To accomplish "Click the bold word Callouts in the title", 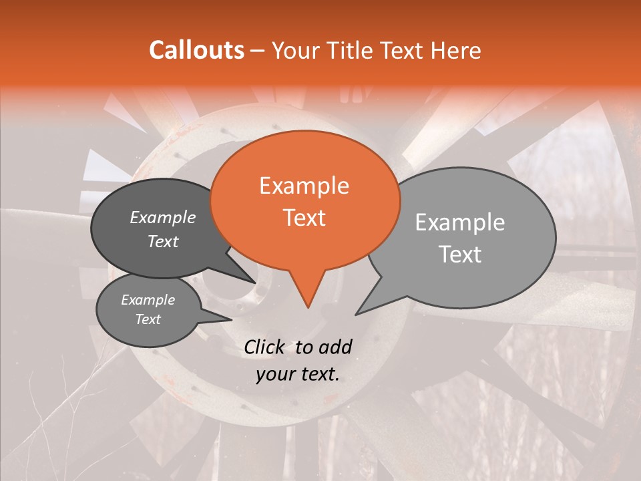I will click(196, 50).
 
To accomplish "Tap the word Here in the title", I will click(457, 50).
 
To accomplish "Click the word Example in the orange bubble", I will click(304, 186).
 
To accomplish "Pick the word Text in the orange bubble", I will click(304, 217).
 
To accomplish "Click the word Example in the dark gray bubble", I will click(163, 217).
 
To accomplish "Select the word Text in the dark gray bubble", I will click(163, 241).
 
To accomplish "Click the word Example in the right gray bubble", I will click(460, 222).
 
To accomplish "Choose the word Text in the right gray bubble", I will click(460, 254).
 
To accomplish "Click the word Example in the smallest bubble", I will click(148, 300).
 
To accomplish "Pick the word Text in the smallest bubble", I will click(148, 319).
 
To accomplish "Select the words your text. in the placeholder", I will click(297, 375).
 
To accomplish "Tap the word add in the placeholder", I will click(335, 347).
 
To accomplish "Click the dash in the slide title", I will click(257, 51).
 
